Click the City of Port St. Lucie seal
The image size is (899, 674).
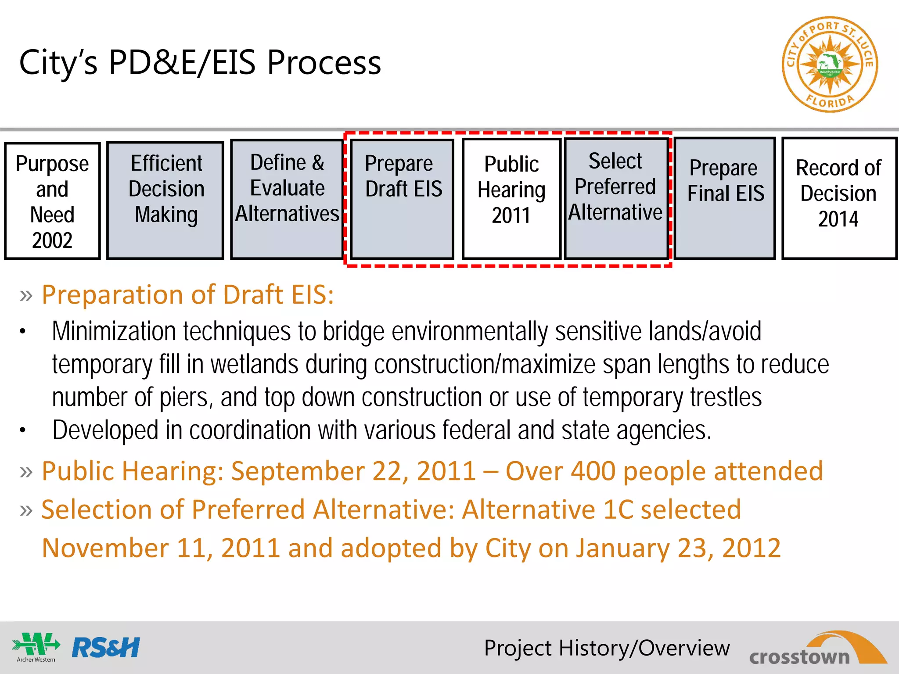pyautogui.click(x=829, y=65)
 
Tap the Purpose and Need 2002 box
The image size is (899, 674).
pyautogui.click(x=52, y=201)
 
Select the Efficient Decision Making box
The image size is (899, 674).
pyautogui.click(x=165, y=200)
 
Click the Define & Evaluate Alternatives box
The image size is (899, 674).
pyautogui.click(x=287, y=199)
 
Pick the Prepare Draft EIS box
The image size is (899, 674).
pyautogui.click(x=402, y=199)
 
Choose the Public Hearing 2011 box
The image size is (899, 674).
pyautogui.click(x=511, y=198)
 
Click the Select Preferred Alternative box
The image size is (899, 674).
pyautogui.click(x=616, y=198)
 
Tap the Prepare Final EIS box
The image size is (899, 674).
pyautogui.click(x=725, y=198)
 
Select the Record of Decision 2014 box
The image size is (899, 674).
pyautogui.click(x=839, y=198)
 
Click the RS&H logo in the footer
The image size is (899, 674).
pyautogui.click(x=106, y=648)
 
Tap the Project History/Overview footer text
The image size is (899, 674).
pyautogui.click(x=607, y=648)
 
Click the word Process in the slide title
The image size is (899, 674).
pyautogui.click(x=324, y=63)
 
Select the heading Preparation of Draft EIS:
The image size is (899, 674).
pyautogui.click(x=187, y=294)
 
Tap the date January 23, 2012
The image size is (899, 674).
pyautogui.click(x=679, y=548)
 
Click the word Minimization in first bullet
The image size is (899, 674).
pyautogui.click(x=114, y=331)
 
